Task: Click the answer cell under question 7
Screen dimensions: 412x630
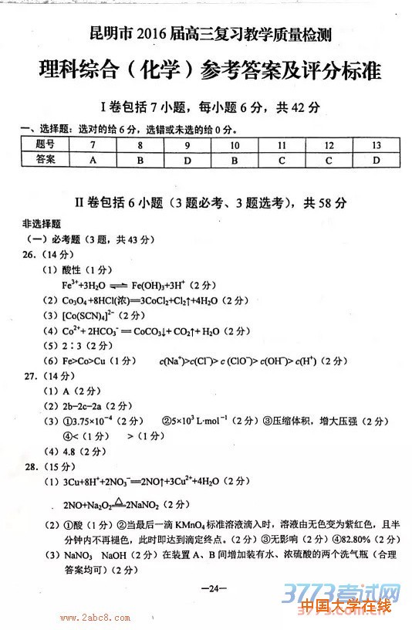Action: (x=93, y=160)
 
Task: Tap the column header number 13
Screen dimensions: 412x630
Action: (x=376, y=145)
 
